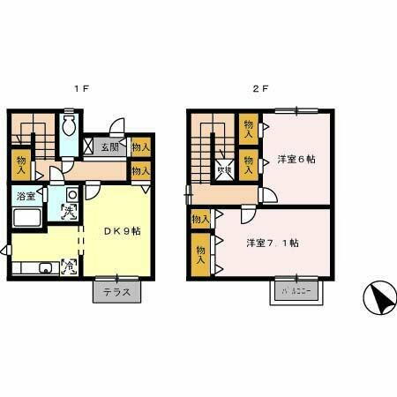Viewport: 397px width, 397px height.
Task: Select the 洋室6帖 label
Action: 296,160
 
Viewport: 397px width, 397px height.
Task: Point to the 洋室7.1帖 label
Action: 272,243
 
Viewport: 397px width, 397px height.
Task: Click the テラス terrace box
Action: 116,292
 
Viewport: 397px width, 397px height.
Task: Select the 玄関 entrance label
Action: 110,146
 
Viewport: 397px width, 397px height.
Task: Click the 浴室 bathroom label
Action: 25,196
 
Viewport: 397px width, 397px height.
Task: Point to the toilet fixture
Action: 70,127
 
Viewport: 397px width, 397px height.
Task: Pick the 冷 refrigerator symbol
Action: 68,265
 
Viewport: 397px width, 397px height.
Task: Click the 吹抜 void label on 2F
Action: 224,171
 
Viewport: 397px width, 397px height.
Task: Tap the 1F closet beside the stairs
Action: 21,163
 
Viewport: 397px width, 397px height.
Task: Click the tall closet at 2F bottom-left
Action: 200,256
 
